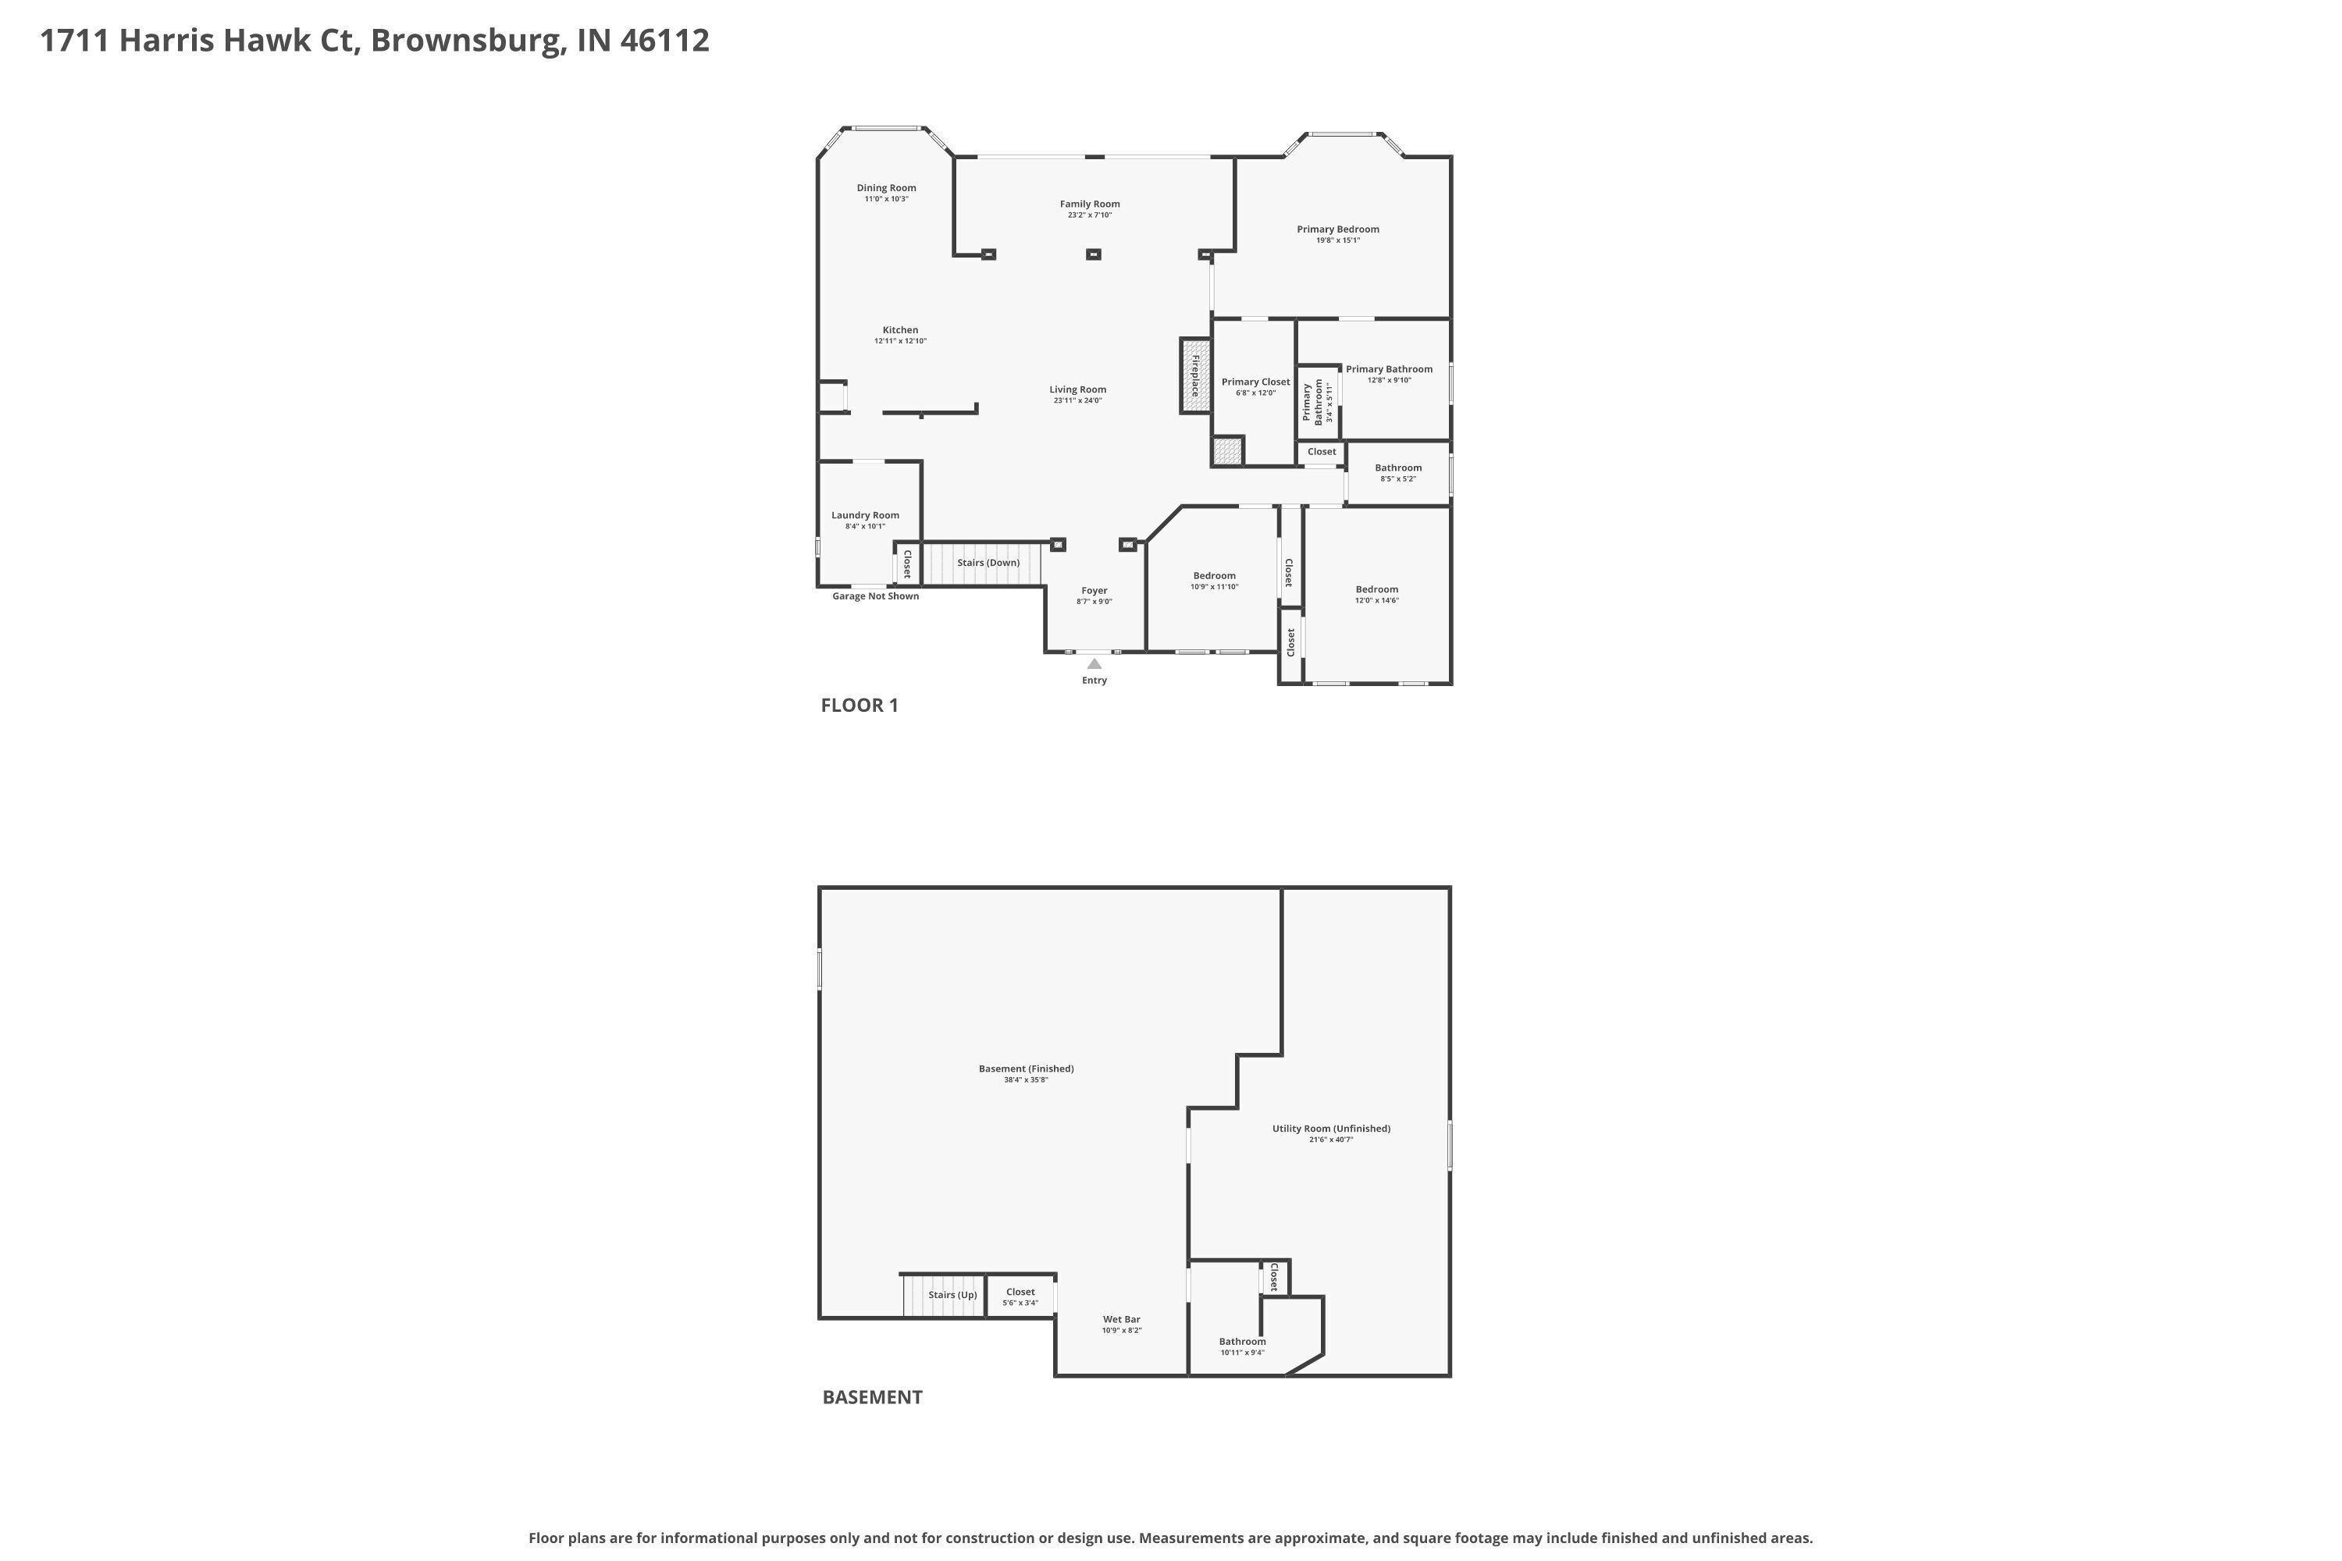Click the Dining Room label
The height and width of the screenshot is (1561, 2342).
886,188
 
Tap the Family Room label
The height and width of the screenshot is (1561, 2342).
1089,204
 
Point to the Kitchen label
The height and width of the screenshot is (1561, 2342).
900,330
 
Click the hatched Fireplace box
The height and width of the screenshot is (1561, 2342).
1195,375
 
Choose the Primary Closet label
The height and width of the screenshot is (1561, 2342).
1255,382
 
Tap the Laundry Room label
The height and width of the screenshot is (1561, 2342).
865,516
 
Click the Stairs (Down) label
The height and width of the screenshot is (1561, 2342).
988,563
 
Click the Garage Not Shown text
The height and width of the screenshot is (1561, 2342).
875,596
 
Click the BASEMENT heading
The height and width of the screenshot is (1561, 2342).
872,1398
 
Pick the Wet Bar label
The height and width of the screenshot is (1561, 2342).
1121,1320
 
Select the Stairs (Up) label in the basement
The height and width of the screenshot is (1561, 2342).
952,1295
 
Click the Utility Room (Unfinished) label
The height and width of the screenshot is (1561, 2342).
1331,1129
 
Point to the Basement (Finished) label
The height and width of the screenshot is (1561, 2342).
1026,1069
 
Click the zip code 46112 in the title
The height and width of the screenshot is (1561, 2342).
664,41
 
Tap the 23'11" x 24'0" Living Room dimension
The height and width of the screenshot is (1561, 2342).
1077,401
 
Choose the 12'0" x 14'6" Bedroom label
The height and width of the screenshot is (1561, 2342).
1376,600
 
